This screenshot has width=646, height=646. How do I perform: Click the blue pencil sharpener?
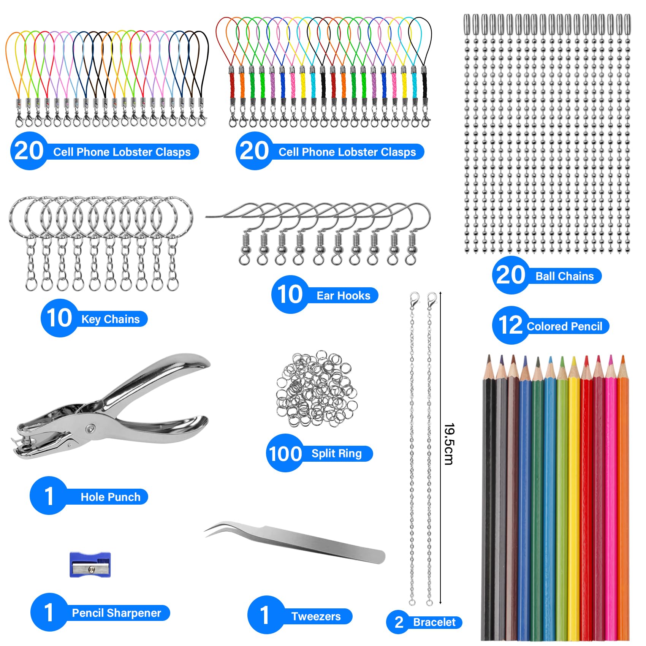(90, 565)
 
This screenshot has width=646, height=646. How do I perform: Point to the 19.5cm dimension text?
(449, 444)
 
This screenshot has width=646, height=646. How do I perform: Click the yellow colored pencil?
(574, 494)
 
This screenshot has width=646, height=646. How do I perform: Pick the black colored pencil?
(489, 494)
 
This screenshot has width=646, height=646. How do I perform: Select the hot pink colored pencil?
(611, 494)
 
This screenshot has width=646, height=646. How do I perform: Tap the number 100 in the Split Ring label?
(285, 454)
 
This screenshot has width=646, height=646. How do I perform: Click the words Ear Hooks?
(344, 296)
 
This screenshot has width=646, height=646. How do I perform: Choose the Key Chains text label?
(111, 319)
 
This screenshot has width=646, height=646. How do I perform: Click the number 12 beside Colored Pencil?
(510, 326)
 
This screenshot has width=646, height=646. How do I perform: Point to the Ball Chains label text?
(565, 276)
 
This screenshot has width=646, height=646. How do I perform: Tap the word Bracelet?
(434, 622)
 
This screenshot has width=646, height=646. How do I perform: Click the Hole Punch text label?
(111, 497)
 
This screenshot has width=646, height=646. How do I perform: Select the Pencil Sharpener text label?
(117, 613)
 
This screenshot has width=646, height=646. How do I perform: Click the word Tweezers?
(316, 616)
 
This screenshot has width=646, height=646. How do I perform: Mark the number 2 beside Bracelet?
(399, 622)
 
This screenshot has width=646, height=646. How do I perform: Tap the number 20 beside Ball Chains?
(510, 275)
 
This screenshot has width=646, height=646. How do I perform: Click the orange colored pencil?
(623, 494)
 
